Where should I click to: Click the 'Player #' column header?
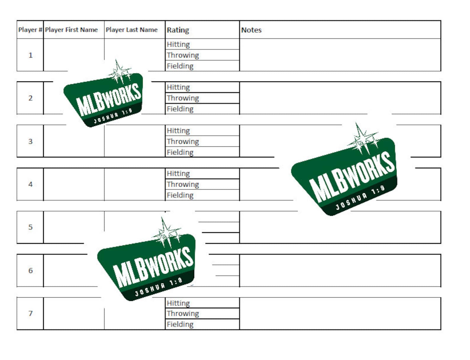[30, 30]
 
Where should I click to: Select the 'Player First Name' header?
[71, 30]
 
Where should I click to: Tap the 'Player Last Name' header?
[132, 30]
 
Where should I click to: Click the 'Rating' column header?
[178, 30]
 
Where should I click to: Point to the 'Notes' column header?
[251, 30]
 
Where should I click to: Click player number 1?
[30, 55]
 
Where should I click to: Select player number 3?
[30, 141]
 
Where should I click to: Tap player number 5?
[30, 227]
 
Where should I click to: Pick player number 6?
[30, 270]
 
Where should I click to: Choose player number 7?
[30, 313]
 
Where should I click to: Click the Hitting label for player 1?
[178, 44]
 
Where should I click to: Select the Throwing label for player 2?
[183, 98]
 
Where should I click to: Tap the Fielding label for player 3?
[180, 152]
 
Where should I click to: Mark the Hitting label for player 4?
[178, 174]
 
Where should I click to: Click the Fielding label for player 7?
[180, 324]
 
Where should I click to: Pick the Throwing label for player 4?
[183, 184]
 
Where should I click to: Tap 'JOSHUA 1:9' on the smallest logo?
[113, 116]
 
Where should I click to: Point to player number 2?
[30, 98]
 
